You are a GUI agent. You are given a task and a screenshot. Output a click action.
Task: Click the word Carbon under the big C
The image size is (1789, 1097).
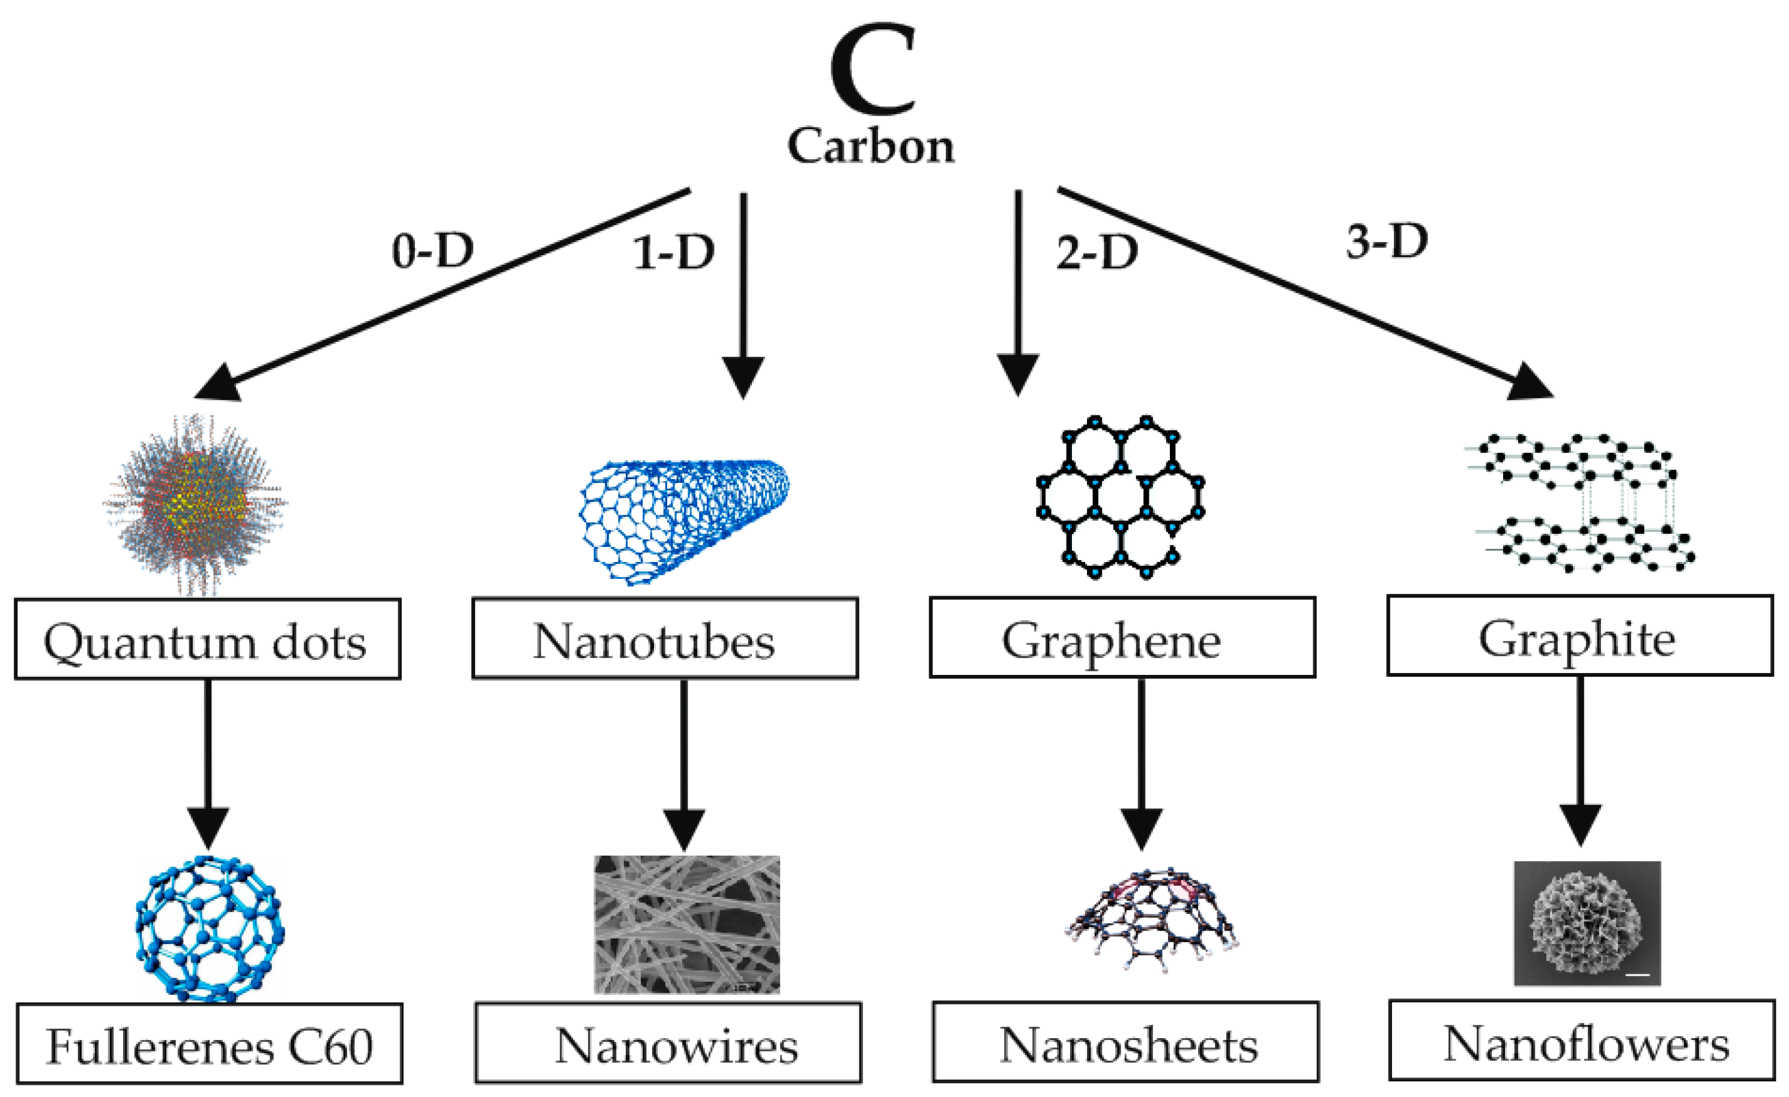point(871,146)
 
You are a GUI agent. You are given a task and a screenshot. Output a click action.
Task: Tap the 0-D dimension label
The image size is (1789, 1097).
point(433,251)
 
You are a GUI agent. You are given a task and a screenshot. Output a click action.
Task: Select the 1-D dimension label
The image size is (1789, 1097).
point(674,253)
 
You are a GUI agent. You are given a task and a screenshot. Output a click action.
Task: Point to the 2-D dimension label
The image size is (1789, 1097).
point(1097,253)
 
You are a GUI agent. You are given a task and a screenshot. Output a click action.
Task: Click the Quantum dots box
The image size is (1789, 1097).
point(207,639)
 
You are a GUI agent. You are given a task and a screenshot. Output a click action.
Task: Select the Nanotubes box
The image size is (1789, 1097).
point(664,639)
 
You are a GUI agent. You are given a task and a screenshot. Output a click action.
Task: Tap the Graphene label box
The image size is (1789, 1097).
point(1122,638)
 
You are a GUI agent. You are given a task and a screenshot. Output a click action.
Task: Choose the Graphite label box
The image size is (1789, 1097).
point(1579,636)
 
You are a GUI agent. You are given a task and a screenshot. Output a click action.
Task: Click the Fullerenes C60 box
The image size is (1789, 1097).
point(209,1044)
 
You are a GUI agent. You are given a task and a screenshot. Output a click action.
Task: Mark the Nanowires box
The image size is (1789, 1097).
point(668,1044)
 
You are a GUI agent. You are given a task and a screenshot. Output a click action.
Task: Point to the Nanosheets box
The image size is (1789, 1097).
point(1125,1042)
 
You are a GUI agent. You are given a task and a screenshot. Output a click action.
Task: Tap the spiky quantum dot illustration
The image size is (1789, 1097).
point(196,504)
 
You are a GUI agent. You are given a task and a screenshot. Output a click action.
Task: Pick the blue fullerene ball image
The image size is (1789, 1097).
point(209,929)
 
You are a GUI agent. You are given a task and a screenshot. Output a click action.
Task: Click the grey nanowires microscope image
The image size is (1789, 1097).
point(687,924)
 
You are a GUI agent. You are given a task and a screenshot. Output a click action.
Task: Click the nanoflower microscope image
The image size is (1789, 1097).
point(1587,923)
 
